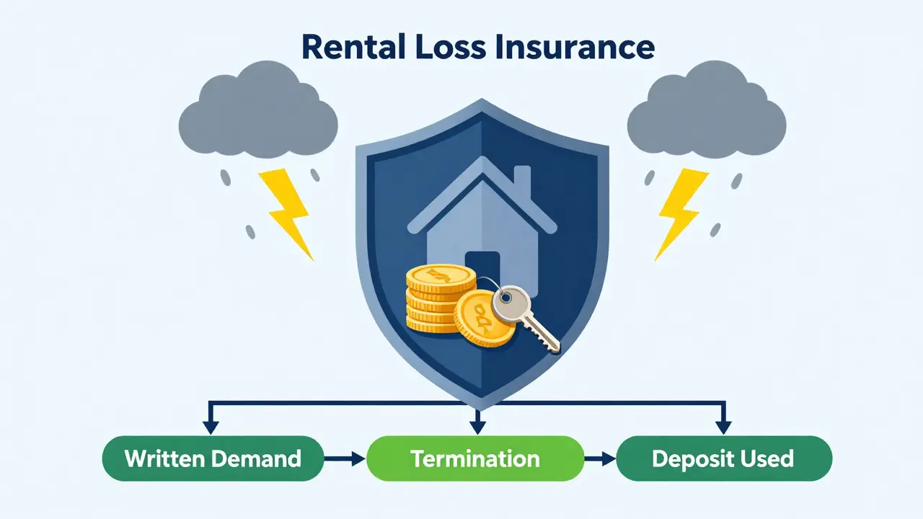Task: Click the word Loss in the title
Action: [x=451, y=47]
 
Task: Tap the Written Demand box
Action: [x=213, y=458]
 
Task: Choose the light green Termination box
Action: [x=475, y=458]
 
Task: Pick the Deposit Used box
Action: [x=724, y=458]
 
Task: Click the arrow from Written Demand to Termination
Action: [x=345, y=458]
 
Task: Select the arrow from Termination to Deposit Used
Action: [x=600, y=458]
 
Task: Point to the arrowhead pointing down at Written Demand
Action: [x=211, y=427]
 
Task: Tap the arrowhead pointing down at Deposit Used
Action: [x=723, y=427]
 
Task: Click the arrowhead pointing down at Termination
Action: [x=477, y=427]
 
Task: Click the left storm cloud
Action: [x=258, y=110]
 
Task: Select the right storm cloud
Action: [x=706, y=110]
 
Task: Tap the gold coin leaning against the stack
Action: [x=483, y=319]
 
